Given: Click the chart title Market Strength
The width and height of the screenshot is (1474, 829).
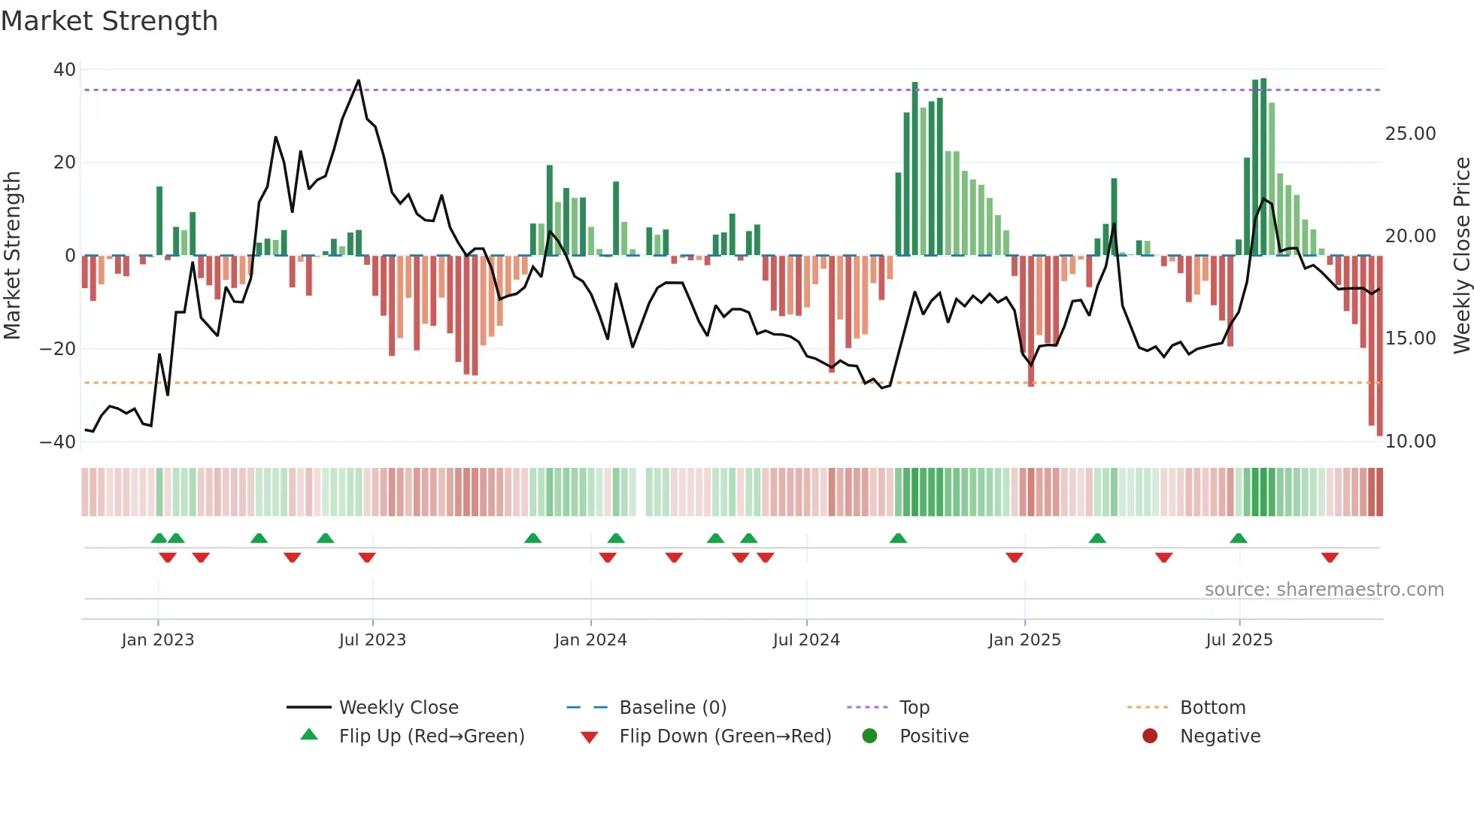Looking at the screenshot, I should [109, 21].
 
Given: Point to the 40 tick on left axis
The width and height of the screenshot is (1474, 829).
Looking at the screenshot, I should [65, 70].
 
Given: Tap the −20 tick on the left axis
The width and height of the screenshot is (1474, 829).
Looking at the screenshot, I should [58, 349].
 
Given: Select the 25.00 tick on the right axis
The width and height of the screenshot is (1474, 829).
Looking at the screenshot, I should [1410, 134].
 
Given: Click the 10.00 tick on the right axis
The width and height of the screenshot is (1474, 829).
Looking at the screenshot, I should [1410, 442].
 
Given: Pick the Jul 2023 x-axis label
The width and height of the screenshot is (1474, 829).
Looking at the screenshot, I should [372, 640].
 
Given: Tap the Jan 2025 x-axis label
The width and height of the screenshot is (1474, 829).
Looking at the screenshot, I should [1024, 640].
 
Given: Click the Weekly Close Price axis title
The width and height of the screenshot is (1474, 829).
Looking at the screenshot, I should [1461, 256].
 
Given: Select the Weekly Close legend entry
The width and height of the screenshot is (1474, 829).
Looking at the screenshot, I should [398, 708].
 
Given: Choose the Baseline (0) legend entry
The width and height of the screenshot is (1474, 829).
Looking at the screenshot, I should [672, 708].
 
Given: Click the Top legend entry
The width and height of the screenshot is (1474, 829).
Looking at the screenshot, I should [914, 708].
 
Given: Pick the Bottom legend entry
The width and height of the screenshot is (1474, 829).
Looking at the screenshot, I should [1212, 708].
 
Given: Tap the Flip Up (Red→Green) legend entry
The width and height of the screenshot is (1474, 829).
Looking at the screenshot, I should [431, 736].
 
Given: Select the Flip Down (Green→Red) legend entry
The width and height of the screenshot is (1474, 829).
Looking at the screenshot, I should [725, 736].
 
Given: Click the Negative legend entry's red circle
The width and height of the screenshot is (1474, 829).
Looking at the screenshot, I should [1150, 736].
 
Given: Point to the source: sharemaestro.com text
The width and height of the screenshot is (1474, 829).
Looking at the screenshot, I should [1324, 590].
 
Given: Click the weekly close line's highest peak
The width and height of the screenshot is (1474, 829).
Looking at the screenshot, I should [359, 80].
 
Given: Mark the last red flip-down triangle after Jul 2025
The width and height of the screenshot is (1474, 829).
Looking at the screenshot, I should [1330, 557].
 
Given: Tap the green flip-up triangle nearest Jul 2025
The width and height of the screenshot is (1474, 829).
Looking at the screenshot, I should [1239, 538].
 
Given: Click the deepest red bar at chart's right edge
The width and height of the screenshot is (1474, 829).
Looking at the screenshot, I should [1379, 346].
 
